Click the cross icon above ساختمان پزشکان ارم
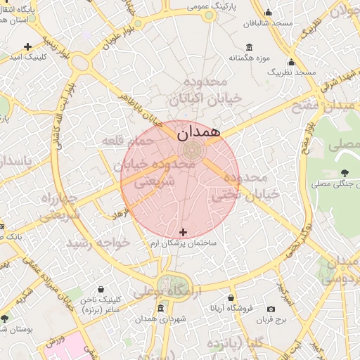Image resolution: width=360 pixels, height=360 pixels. (x=184, y=232)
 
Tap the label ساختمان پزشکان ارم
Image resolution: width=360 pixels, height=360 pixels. (x=184, y=243)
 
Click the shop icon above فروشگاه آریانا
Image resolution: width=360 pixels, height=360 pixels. (x=231, y=297)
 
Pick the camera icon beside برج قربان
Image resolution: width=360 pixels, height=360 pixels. (x=271, y=309)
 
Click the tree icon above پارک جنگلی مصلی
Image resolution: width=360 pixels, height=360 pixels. (x=344, y=173)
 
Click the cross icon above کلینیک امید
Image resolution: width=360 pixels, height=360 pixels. (x=27, y=47)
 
